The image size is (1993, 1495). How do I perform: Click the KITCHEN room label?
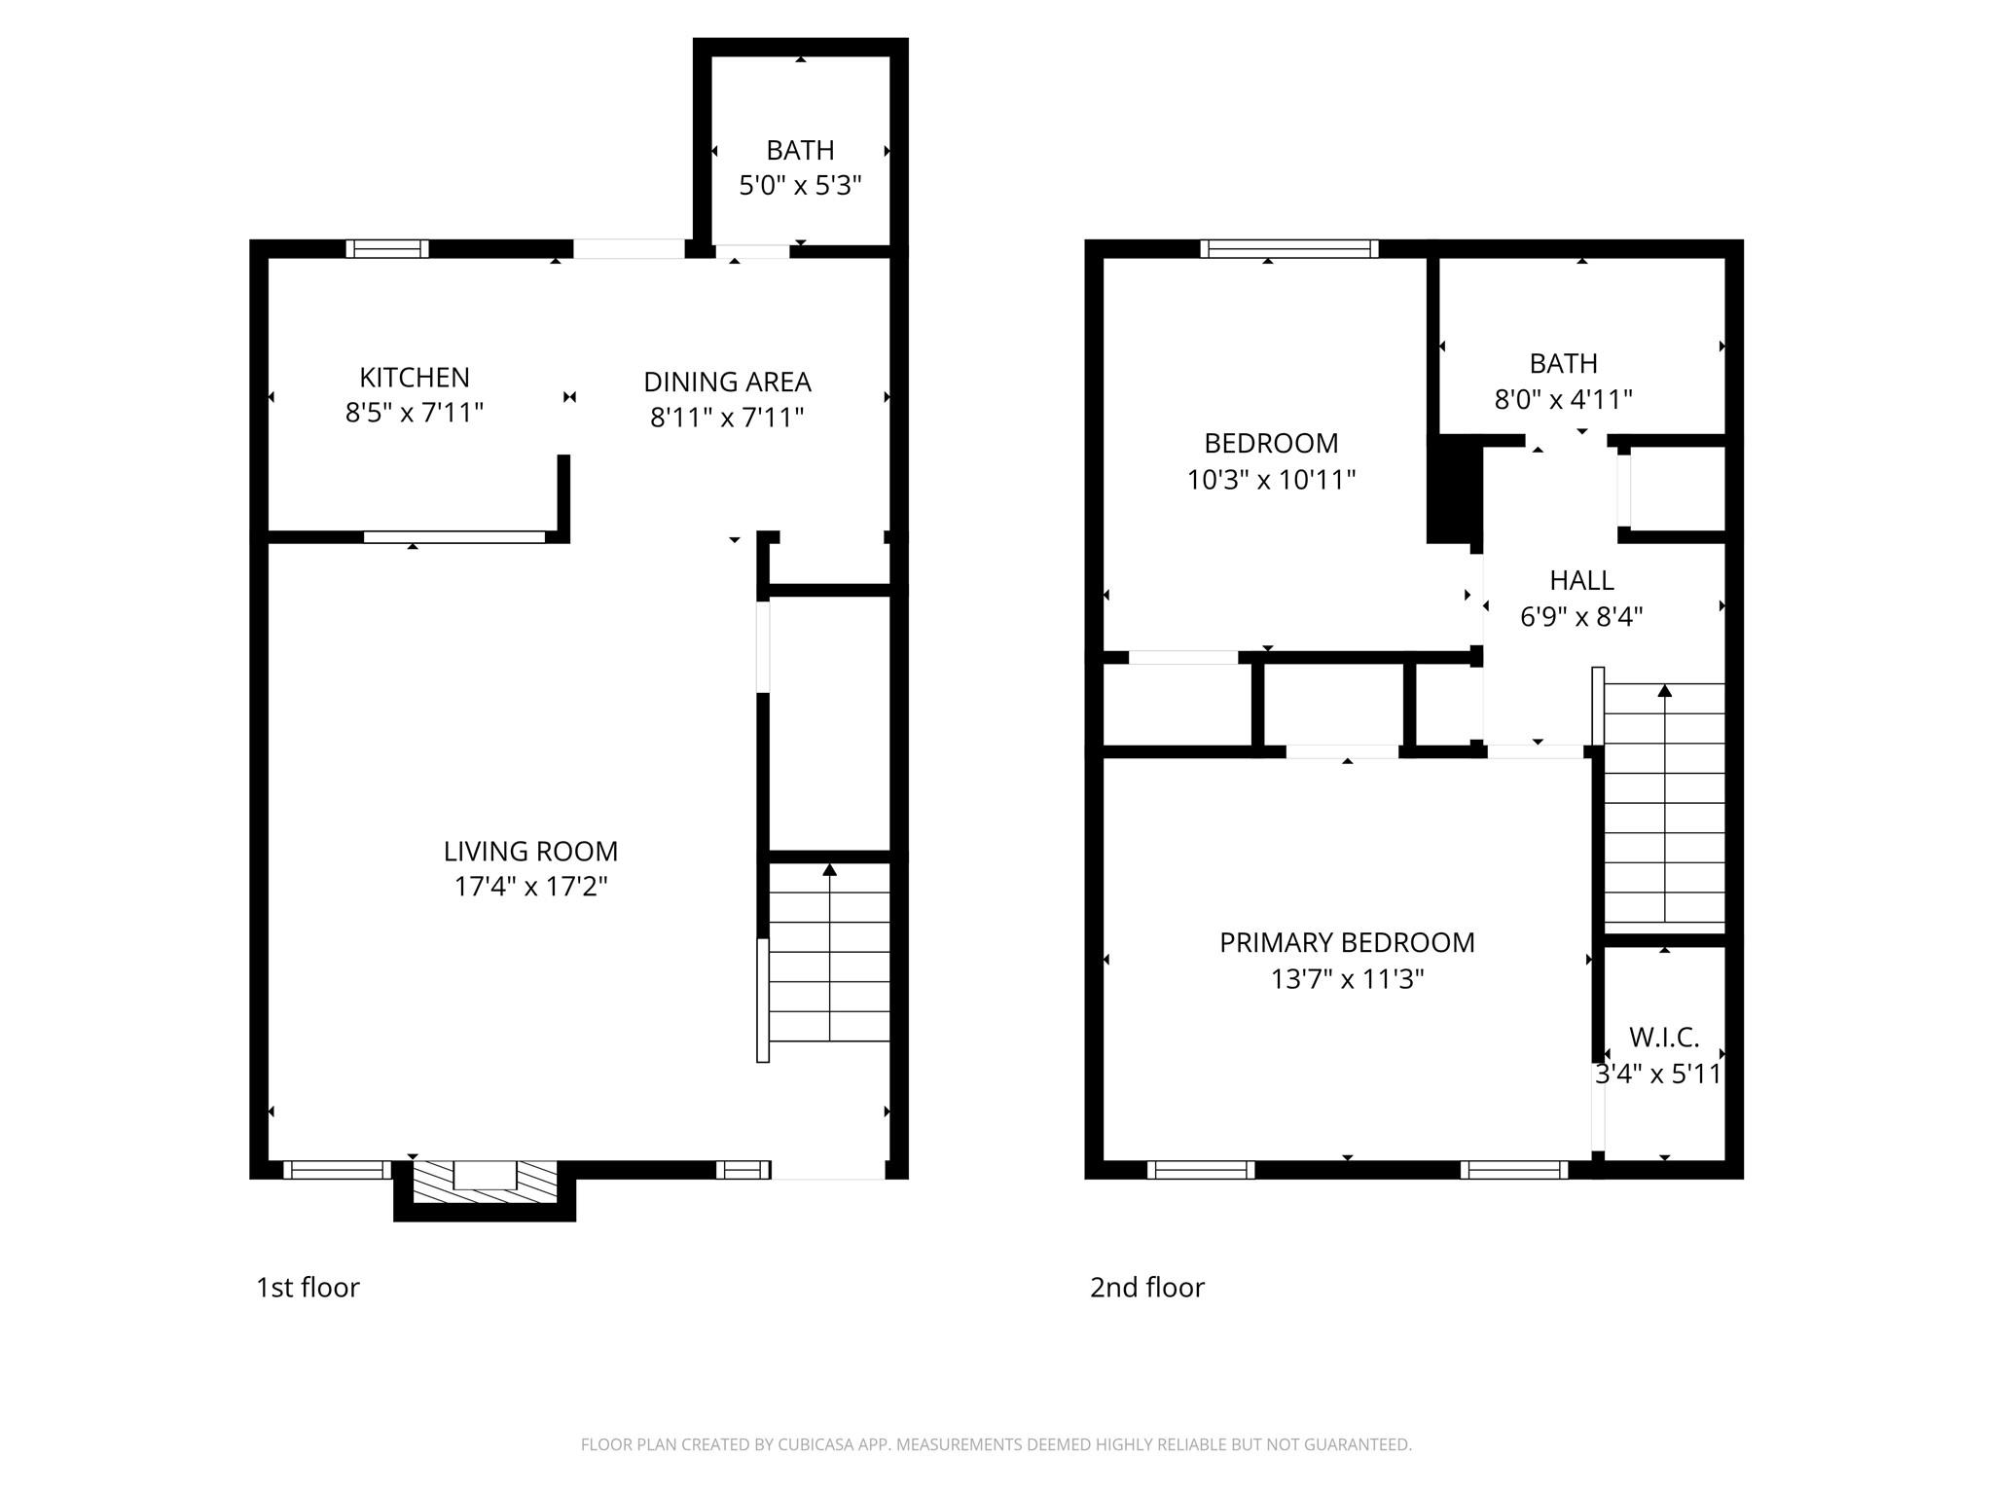pyautogui.click(x=415, y=377)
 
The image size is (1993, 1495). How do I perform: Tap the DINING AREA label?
pyautogui.click(x=727, y=382)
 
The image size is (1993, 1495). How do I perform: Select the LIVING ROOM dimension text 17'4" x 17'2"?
pyautogui.click(x=530, y=887)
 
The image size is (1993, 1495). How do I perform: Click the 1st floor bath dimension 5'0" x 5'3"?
pyautogui.click(x=800, y=185)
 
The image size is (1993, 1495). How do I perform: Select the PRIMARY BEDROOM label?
pyautogui.click(x=1347, y=942)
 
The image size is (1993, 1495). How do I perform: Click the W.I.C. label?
pyautogui.click(x=1664, y=1038)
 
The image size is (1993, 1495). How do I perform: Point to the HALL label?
pyautogui.click(x=1581, y=580)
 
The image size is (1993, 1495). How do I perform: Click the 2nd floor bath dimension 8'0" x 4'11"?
pyautogui.click(x=1563, y=399)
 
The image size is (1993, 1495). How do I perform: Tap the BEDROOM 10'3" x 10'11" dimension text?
pyautogui.click(x=1271, y=480)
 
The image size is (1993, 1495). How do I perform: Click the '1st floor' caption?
pyautogui.click(x=308, y=1288)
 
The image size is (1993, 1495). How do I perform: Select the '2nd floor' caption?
pyautogui.click(x=1146, y=1288)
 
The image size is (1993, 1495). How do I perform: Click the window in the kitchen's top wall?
pyautogui.click(x=387, y=248)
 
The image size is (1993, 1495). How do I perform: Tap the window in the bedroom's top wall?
pyautogui.click(x=1289, y=248)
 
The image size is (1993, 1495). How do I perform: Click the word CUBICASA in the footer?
pyautogui.click(x=814, y=1445)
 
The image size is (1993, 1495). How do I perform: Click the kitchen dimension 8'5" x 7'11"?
pyautogui.click(x=415, y=413)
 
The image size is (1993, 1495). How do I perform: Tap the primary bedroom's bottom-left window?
pyautogui.click(x=1201, y=1170)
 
